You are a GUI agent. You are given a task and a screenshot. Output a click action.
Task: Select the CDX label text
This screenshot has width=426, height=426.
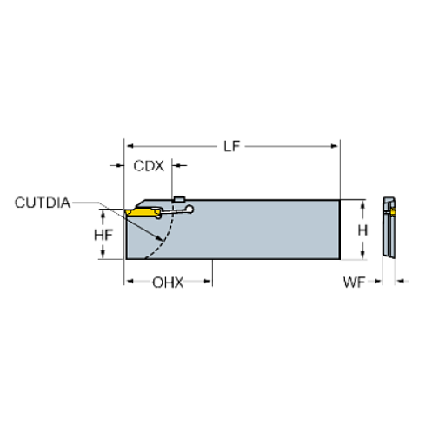(x=148, y=165)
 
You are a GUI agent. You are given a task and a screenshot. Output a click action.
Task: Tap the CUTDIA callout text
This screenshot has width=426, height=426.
(x=42, y=203)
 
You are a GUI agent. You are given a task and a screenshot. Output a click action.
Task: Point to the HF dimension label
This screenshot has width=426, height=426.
(x=103, y=233)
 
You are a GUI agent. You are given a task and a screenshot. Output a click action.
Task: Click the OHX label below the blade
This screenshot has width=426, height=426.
(x=168, y=283)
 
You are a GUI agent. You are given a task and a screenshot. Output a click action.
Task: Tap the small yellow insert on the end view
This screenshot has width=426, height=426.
(x=392, y=210)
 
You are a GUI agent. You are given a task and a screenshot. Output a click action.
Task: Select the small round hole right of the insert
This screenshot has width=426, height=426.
(x=190, y=209)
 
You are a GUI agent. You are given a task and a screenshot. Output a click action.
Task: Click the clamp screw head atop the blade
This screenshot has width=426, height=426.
(x=180, y=199)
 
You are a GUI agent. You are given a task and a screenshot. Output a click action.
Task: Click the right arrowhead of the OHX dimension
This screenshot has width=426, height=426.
(x=209, y=283)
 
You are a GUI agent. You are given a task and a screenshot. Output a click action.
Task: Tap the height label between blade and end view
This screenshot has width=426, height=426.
(x=363, y=230)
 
